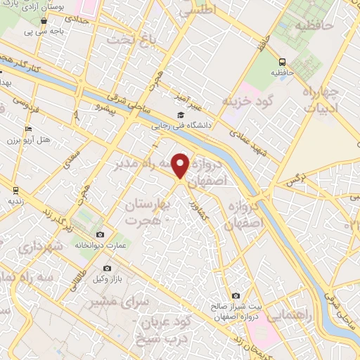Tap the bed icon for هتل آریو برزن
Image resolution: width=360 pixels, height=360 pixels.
[x=28, y=129]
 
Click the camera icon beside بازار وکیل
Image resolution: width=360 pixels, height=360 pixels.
[x=107, y=268]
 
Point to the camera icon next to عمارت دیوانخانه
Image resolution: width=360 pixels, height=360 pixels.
[x=100, y=234]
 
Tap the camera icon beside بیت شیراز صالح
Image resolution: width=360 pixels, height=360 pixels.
[x=235, y=296]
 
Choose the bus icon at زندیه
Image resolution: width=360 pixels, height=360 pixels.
[x=15, y=190]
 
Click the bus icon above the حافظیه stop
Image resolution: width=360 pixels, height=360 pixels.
[x=281, y=62]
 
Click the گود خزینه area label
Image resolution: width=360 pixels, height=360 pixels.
[x=246, y=102]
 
